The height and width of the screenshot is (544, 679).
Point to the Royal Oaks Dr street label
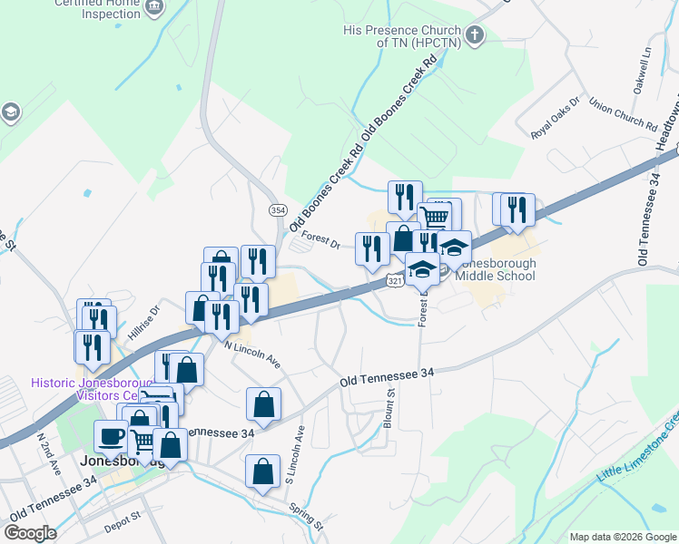point(555,119)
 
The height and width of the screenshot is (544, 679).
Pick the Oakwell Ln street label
point(642,70)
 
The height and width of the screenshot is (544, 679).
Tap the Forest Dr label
point(320,240)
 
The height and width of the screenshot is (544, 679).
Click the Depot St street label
point(123,518)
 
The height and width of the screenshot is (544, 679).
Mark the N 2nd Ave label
point(48,451)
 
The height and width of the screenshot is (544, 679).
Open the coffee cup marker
point(111,435)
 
